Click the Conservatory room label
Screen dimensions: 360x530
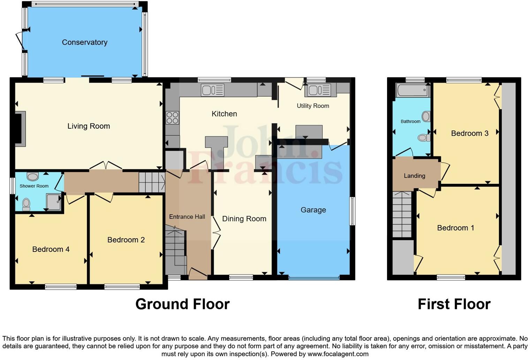tap(84, 42)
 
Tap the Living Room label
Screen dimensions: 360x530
tap(89, 126)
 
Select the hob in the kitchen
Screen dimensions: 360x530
tap(172, 118)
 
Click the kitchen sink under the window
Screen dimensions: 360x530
tap(212, 90)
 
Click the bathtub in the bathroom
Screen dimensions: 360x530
tap(412, 90)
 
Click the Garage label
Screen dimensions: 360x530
tap(313, 210)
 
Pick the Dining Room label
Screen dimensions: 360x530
tap(244, 219)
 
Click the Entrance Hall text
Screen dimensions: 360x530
tap(187, 217)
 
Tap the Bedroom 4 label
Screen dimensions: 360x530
tap(51, 249)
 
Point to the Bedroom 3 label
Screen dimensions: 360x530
tap(469, 133)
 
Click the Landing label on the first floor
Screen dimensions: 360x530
tap(414, 176)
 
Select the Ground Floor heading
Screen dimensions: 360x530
tap(182, 304)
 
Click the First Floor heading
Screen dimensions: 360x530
tap(454, 304)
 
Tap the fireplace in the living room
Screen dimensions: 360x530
tap(20, 129)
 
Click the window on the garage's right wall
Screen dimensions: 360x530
tap(353, 211)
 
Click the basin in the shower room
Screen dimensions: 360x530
tap(32, 177)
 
